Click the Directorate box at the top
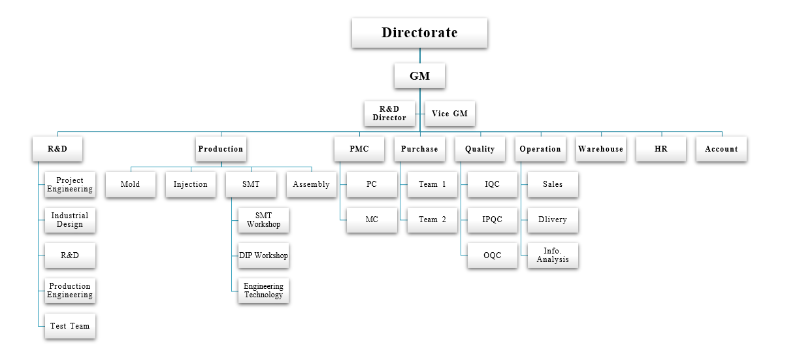click(x=419, y=33)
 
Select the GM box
click(x=419, y=76)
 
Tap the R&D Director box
click(x=389, y=114)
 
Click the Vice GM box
click(x=449, y=114)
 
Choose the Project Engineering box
click(x=70, y=185)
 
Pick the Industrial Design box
click(x=70, y=220)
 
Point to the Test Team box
click(x=70, y=326)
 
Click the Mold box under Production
click(x=131, y=184)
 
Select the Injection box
click(x=191, y=184)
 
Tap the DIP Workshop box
click(x=263, y=255)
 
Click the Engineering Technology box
click(x=263, y=291)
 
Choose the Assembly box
click(x=311, y=184)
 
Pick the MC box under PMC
click(x=372, y=220)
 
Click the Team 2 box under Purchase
click(x=432, y=220)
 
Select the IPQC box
click(x=493, y=220)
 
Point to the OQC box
click(x=493, y=255)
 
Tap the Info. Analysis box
click(x=553, y=255)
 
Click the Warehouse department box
click(x=601, y=149)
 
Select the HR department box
click(x=661, y=149)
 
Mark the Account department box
click(x=721, y=149)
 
